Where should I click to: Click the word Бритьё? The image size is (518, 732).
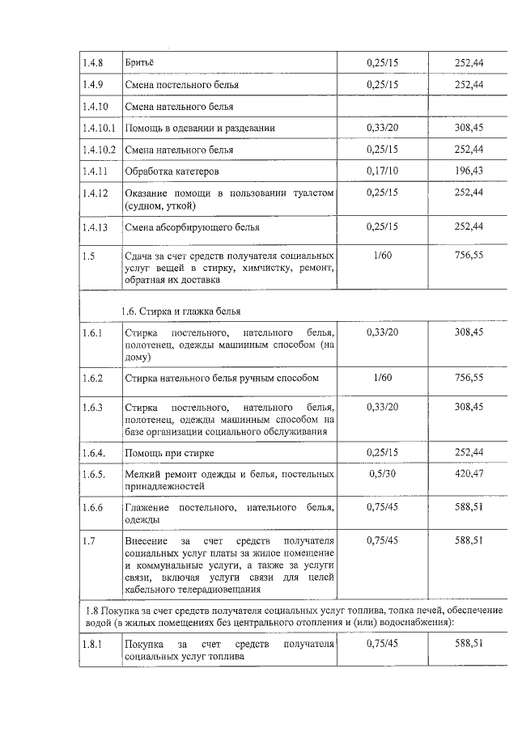tap(139, 62)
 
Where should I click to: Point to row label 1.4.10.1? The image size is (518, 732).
tap(99, 128)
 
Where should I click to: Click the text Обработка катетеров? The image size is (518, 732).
tap(172, 171)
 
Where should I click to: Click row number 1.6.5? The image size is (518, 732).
tap(94, 475)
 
